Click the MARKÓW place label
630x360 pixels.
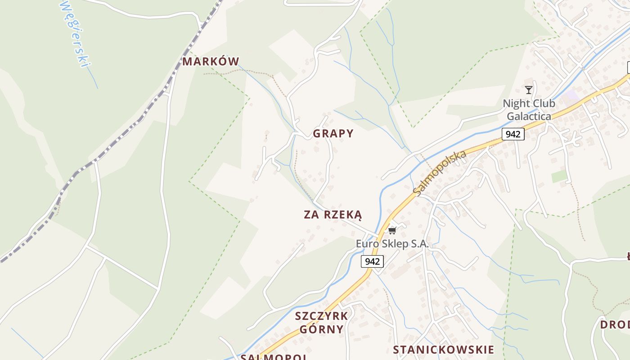pyautogui.click(x=211, y=62)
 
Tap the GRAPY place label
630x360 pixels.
pyautogui.click(x=333, y=134)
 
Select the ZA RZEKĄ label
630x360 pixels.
pyautogui.click(x=333, y=215)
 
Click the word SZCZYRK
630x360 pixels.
pyautogui.click(x=321, y=316)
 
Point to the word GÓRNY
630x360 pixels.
pyautogui.click(x=321, y=329)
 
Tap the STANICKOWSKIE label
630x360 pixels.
pyautogui.click(x=443, y=350)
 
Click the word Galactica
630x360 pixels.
pyautogui.click(x=529, y=117)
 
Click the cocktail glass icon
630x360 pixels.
pyautogui.click(x=529, y=90)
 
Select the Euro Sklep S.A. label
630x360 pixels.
pyautogui.click(x=392, y=244)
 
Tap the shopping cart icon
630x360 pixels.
pyautogui.click(x=392, y=230)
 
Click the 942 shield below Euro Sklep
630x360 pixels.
pyautogui.click(x=372, y=261)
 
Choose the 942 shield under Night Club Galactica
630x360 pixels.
pyautogui.click(x=513, y=134)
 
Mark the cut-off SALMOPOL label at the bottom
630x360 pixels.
pyautogui.click(x=274, y=357)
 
